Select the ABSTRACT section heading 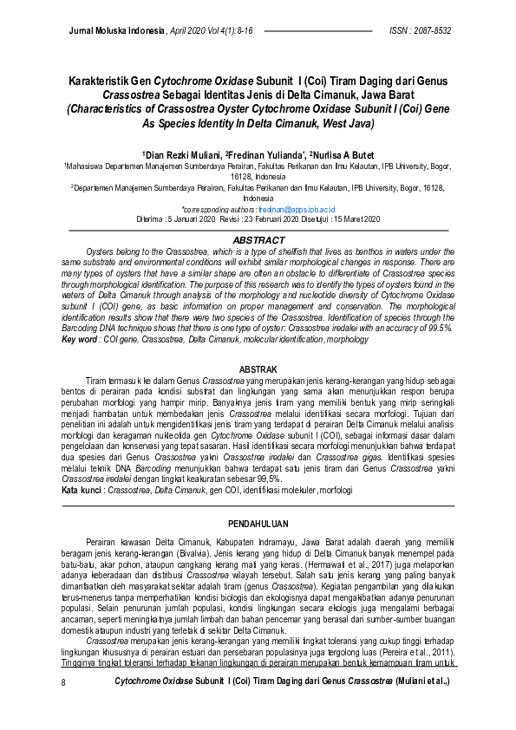pos(258,240)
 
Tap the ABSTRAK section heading pos(258,370)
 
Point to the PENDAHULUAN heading pos(258,525)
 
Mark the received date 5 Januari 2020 pos(190,220)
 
